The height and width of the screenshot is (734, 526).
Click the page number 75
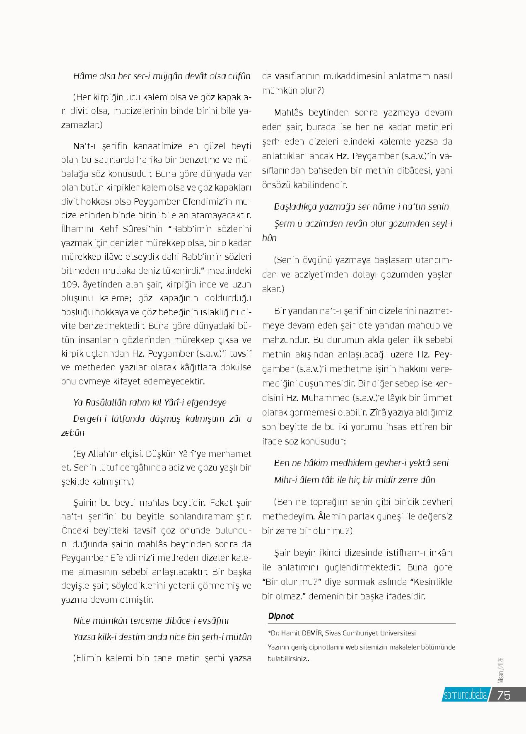point(504,695)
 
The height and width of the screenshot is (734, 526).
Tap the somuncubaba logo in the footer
point(465,695)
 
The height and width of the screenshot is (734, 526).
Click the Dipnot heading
point(281,616)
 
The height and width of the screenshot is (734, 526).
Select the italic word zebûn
point(72,432)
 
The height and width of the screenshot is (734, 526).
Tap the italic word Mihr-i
point(285,480)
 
